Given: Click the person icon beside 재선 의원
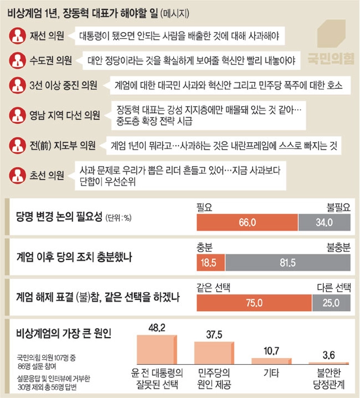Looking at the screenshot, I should tap(16, 35).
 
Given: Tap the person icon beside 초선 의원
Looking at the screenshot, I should tap(16, 175).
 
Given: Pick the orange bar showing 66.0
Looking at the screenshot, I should tap(247, 222).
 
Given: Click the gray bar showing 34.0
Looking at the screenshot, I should tap(325, 222).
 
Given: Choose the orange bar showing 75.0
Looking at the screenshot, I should tap(253, 303).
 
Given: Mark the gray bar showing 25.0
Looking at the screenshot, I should tap(331, 303).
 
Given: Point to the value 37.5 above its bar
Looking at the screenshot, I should tap(213, 334).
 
